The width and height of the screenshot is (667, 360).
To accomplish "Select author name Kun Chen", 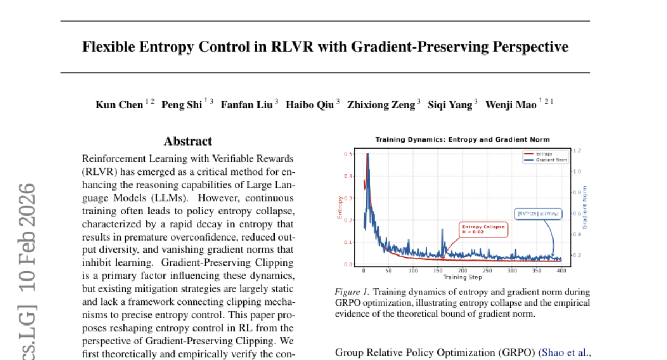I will pos(119,104).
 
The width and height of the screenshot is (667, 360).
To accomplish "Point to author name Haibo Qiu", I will pos(310,104).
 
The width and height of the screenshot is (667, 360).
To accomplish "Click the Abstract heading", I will pos(187,141).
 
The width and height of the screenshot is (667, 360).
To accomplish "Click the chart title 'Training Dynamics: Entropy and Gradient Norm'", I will pos(462,139).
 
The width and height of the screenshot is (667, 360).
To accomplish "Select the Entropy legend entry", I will pos(544,153).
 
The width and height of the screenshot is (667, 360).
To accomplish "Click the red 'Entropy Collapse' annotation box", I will pos(483,229).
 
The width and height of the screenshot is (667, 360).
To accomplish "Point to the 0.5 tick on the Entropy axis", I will pos(349,154).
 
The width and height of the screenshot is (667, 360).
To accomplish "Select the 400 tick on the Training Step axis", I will pos(561,271).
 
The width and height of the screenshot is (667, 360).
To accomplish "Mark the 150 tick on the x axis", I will pos(437,271).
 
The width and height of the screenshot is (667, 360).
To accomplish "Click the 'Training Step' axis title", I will pos(462,277).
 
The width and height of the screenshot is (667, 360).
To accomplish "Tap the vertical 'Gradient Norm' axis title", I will pos(585,207).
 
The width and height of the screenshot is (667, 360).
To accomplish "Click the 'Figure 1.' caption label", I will pos(351,292).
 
